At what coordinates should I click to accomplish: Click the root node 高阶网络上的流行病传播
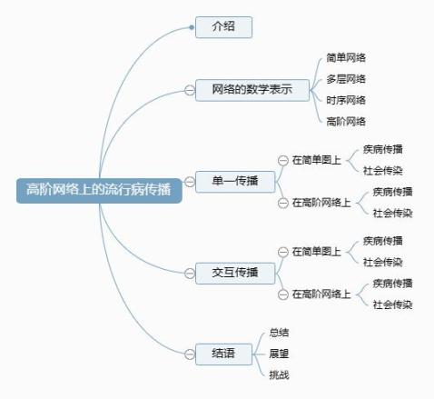pyautogui.click(x=99, y=191)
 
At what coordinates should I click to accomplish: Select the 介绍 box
pyautogui.click(x=223, y=27)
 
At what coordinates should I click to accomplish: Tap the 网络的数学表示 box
pyautogui.click(x=252, y=90)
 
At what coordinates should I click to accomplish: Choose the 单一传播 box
pyautogui.click(x=235, y=182)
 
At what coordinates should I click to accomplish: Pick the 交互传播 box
pyautogui.click(x=235, y=274)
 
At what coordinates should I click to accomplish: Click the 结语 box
pyautogui.click(x=223, y=354)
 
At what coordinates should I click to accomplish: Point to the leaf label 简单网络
pyautogui.click(x=346, y=57)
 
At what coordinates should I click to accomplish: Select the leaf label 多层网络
pyautogui.click(x=346, y=79)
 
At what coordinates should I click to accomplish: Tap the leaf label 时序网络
pyautogui.click(x=346, y=100)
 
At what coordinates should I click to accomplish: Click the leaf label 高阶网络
pyautogui.click(x=346, y=122)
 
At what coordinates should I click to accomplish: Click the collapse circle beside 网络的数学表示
pyautogui.click(x=190, y=90)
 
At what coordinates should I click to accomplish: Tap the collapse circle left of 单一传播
pyautogui.click(x=190, y=182)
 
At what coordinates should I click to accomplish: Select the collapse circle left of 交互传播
pyautogui.click(x=190, y=274)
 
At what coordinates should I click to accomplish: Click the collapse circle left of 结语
pyautogui.click(x=190, y=354)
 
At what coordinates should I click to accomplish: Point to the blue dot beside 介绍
pyautogui.click(x=192, y=27)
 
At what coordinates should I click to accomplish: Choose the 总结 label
pyautogui.click(x=279, y=333)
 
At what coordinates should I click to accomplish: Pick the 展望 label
pyautogui.click(x=279, y=354)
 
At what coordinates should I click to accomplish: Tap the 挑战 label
pyautogui.click(x=279, y=375)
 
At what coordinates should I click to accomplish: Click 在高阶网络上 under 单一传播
pyautogui.click(x=321, y=203)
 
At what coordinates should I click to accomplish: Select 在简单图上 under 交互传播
pyautogui.click(x=316, y=252)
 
